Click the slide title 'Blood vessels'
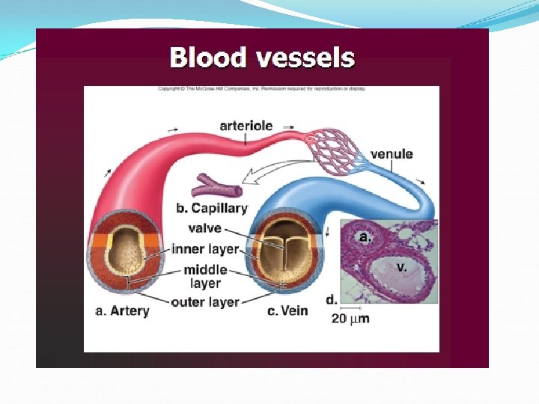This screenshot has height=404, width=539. (x=262, y=57)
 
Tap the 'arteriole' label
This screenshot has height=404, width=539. (x=246, y=126)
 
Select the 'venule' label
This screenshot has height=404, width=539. (x=392, y=154)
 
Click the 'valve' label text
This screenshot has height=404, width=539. (x=204, y=228)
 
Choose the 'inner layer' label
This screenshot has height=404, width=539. (x=204, y=249)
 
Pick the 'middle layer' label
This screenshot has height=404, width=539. (x=205, y=276)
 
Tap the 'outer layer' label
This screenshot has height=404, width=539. (x=204, y=302)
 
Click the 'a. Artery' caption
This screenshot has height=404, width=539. (x=122, y=310)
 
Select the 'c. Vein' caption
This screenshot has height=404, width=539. (x=287, y=310)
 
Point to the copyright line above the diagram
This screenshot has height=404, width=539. (x=261, y=89)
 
